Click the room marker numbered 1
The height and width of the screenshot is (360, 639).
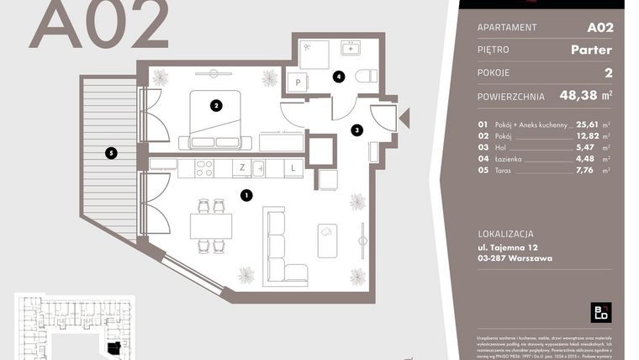click(246, 195)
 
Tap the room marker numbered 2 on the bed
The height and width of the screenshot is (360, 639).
click(217, 105)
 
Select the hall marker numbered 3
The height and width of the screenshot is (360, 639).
click(356, 130)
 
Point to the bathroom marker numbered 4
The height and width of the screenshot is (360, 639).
click(338, 77)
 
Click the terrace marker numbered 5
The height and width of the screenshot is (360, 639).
click(110, 153)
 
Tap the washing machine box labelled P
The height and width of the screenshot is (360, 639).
click(297, 82)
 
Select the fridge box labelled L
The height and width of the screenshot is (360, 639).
click(293, 168)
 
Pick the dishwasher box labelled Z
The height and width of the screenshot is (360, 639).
click(242, 168)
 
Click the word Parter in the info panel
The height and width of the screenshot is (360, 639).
click(591, 50)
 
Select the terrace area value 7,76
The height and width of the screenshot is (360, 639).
click(586, 170)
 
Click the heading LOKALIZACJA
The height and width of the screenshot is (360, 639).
click(505, 234)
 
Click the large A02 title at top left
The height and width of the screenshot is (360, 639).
click(99, 24)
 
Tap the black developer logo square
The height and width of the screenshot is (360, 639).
click(601, 312)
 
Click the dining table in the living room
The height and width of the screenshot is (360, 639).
click(211, 225)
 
